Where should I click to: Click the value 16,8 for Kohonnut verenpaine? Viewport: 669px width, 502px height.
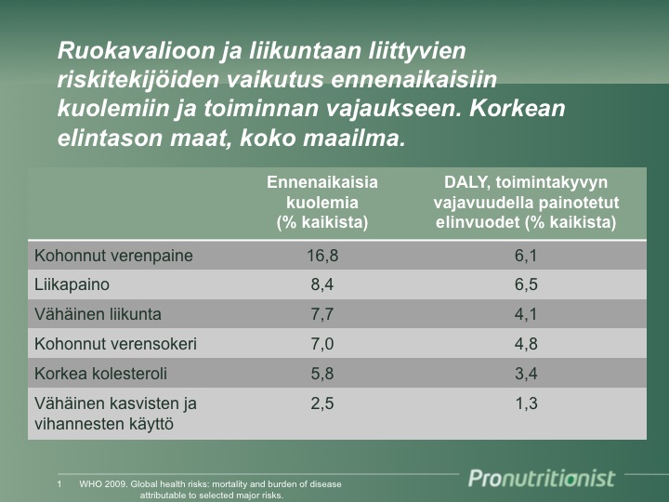click(x=322, y=256)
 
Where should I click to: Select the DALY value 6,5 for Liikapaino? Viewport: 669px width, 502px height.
click(x=526, y=284)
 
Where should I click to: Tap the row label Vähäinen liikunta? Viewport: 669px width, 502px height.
click(x=98, y=314)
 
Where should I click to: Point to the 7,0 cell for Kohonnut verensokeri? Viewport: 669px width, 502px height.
click(x=322, y=344)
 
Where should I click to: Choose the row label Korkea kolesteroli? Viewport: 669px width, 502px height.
click(x=100, y=374)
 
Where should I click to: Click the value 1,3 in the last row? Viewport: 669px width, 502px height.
click(x=526, y=403)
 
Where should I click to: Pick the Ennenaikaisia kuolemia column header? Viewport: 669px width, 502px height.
click(x=322, y=203)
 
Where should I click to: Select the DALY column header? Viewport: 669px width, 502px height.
click(x=526, y=203)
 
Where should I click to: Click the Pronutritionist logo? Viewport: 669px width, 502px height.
click(x=542, y=478)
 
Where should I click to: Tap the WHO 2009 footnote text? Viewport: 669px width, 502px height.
click(x=210, y=490)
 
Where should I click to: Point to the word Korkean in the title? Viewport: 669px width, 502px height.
click(x=518, y=109)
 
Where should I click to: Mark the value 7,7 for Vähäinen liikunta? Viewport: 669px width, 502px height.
click(x=322, y=314)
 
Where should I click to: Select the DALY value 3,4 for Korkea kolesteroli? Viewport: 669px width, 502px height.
click(x=526, y=374)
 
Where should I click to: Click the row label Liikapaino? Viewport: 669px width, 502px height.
click(x=72, y=284)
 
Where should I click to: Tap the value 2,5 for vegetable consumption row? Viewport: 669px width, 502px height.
click(x=322, y=403)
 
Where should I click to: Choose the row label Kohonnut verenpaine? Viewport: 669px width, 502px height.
click(x=113, y=257)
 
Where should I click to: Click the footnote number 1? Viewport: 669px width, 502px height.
click(x=59, y=484)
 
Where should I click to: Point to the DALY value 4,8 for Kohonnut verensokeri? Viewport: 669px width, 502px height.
click(x=526, y=344)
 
